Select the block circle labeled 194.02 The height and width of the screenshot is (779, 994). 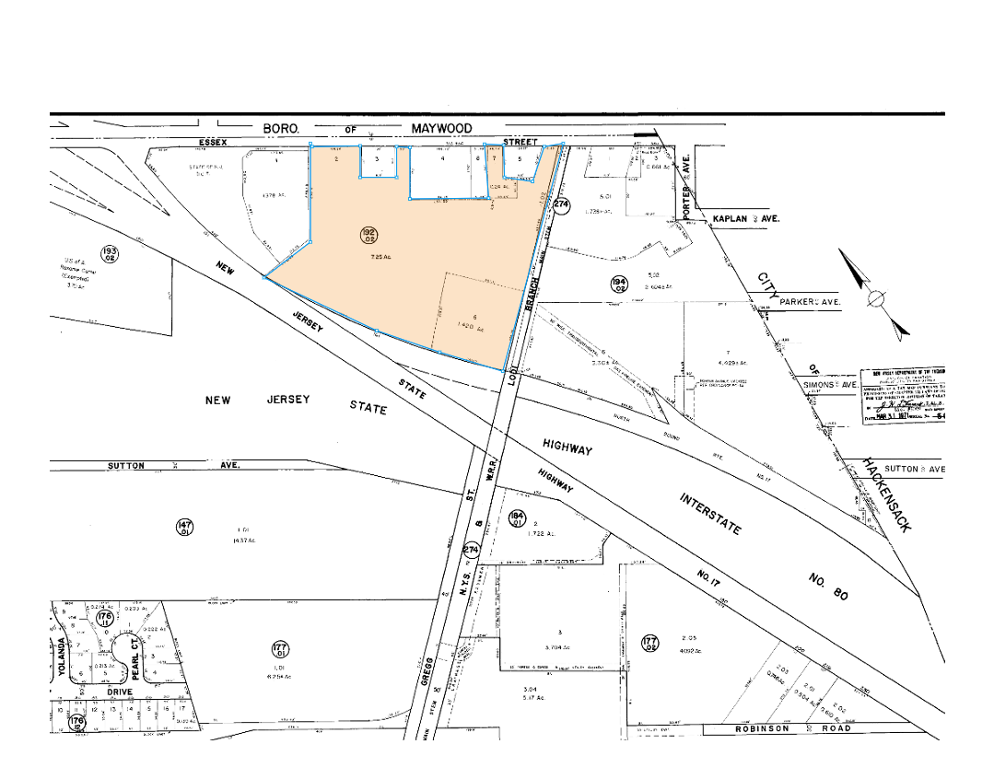pos(619,284)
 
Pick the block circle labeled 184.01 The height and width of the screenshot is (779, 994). pos(516,519)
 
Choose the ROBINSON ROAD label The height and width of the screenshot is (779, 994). pos(790,728)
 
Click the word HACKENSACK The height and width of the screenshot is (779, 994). pos(886,494)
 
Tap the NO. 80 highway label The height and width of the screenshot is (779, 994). pos(827,587)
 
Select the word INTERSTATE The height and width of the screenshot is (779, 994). pos(710,514)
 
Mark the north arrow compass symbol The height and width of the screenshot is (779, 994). pos(876,297)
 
